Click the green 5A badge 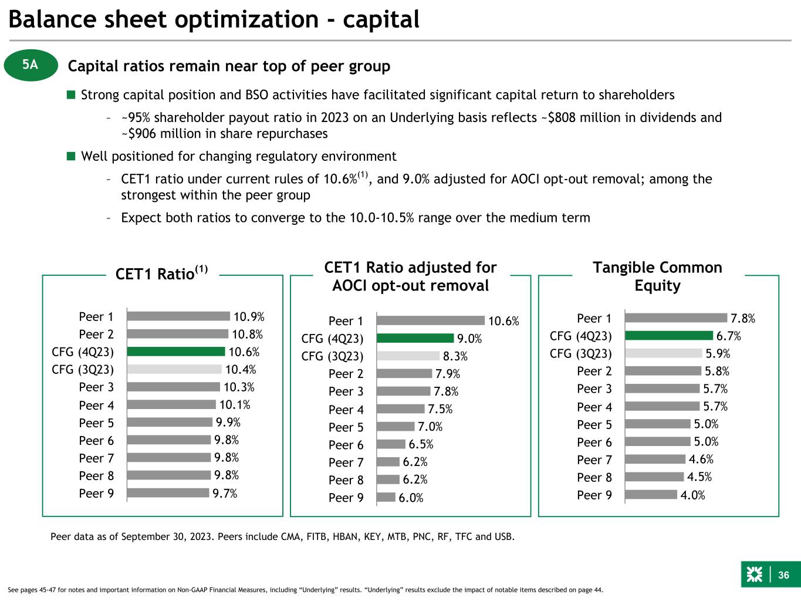tap(31, 65)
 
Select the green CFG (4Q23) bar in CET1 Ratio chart tap(176, 352)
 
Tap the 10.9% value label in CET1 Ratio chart tap(249, 316)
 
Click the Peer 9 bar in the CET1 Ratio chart tap(168, 492)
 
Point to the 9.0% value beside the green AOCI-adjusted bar tap(469, 339)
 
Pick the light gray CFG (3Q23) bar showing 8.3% tap(408, 356)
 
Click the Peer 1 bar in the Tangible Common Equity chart tap(676, 318)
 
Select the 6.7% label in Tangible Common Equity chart tap(728, 336)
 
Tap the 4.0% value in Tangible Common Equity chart tap(692, 495)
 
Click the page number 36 tap(783, 575)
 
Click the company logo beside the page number tap(755, 575)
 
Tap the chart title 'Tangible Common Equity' tap(658, 276)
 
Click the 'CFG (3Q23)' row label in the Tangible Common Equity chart tap(580, 353)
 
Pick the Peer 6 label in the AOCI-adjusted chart tap(346, 445)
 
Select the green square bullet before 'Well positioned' tap(71, 156)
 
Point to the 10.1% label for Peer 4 tap(235, 405)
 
